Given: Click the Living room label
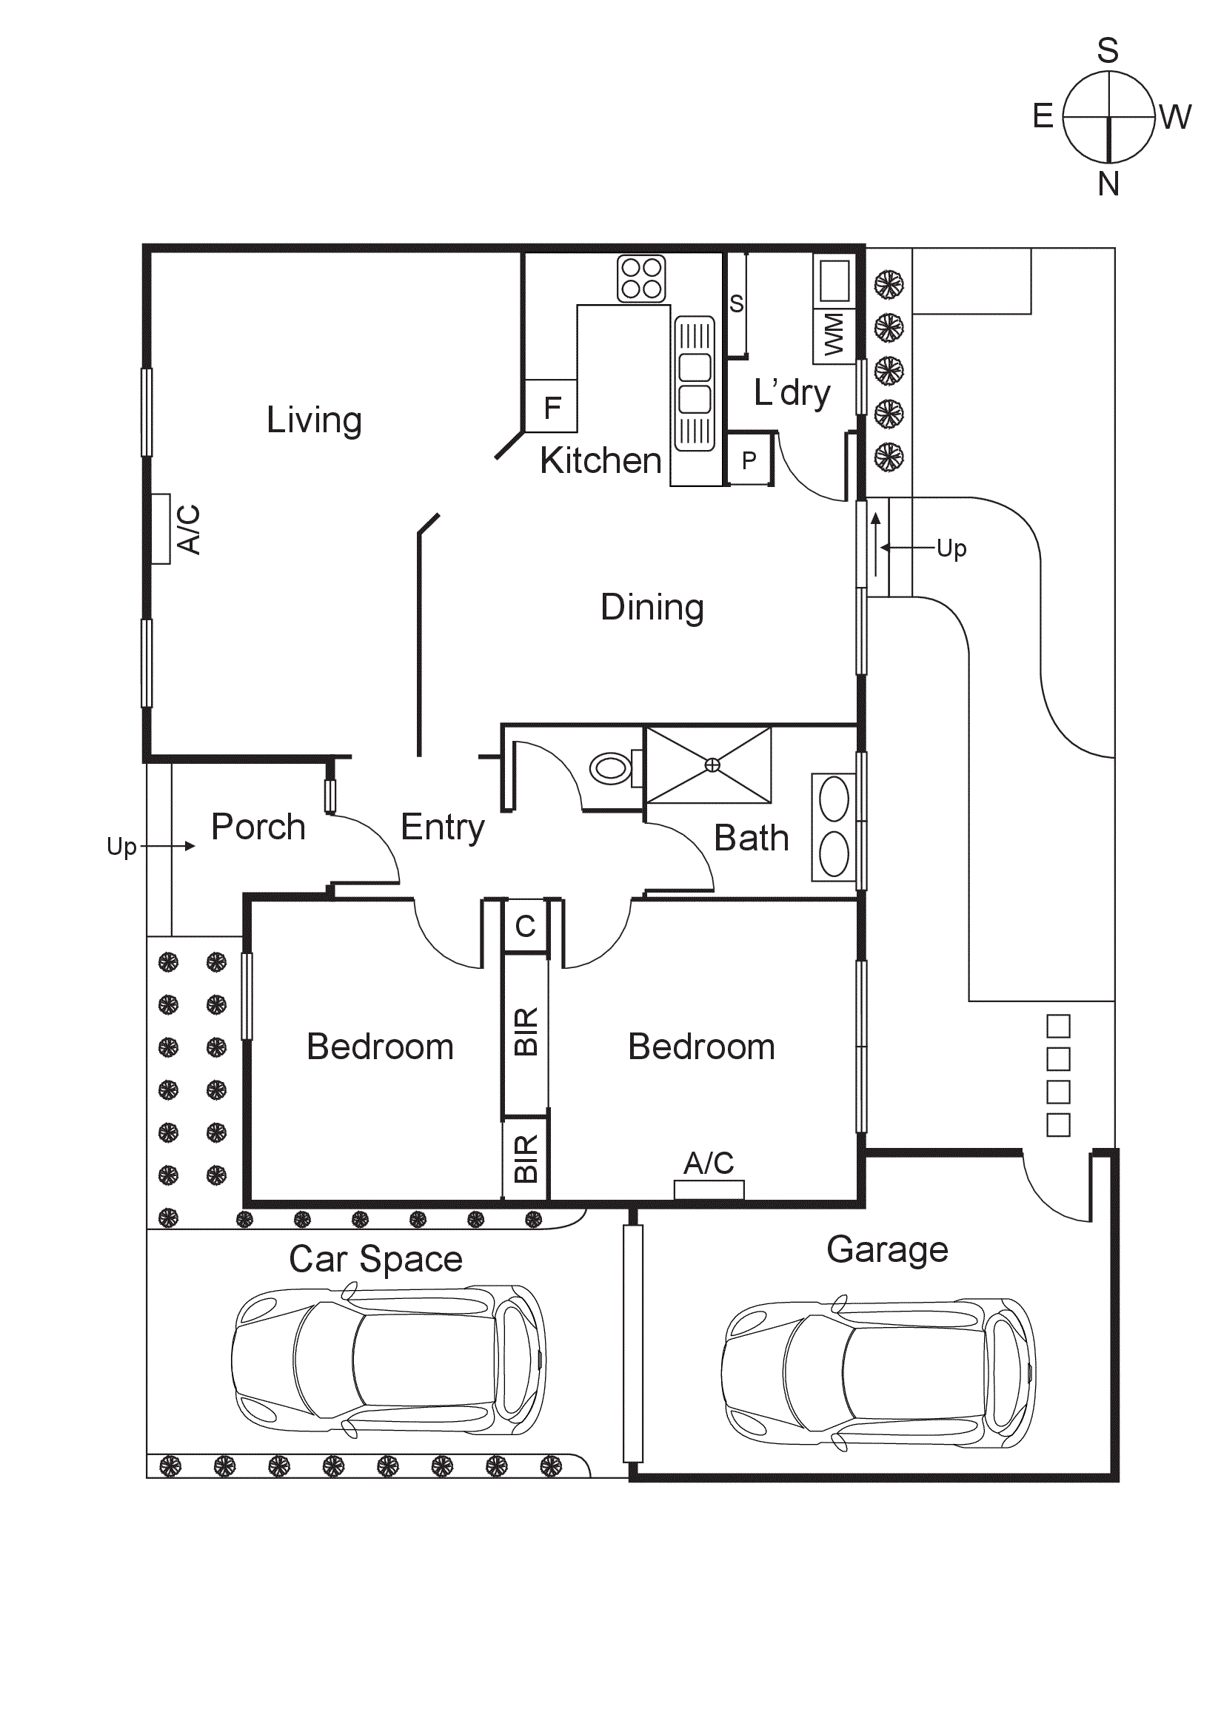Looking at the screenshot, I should tap(314, 420).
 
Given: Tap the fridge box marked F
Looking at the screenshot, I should tap(551, 406).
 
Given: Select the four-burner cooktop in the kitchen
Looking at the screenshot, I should tap(641, 279).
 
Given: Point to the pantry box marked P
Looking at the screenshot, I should tap(749, 460).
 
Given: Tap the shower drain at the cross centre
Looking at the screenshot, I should tap(712, 765).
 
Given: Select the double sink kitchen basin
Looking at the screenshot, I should tap(694, 383).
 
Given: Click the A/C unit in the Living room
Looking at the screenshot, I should tap(161, 528).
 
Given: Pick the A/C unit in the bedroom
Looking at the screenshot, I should tap(709, 1189).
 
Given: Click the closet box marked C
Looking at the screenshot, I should tap(525, 926).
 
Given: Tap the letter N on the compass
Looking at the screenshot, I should tap(1108, 184).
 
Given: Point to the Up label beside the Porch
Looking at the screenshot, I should tap(121, 847).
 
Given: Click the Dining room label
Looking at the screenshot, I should tap(652, 608).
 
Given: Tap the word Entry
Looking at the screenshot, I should tap(442, 827).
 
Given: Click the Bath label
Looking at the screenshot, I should tap(751, 838).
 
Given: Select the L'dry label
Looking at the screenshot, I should tap(792, 393).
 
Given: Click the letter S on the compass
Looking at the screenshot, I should tap(1108, 50).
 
